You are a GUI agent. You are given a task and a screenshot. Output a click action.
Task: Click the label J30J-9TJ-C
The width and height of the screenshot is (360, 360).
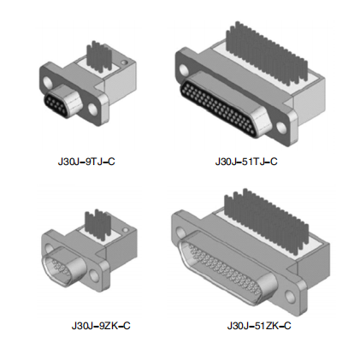click(x=86, y=162)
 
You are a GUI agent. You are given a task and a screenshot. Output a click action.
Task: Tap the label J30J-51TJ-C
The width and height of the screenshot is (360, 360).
click(x=246, y=162)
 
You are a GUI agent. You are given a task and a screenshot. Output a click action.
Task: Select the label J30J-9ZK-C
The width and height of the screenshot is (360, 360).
click(x=101, y=326)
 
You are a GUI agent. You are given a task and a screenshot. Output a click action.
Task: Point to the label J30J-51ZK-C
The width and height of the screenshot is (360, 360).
click(x=259, y=326)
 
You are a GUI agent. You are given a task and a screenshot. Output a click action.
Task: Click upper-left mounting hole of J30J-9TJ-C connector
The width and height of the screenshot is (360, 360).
click(x=48, y=82)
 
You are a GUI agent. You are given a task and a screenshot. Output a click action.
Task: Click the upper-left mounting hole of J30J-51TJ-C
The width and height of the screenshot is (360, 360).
click(x=185, y=70)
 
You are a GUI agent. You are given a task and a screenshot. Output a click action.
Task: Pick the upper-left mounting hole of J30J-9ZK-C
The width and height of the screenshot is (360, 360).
click(x=49, y=248)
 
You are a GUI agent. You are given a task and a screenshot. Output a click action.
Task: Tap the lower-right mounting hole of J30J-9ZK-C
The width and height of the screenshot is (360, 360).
click(x=93, y=274)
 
